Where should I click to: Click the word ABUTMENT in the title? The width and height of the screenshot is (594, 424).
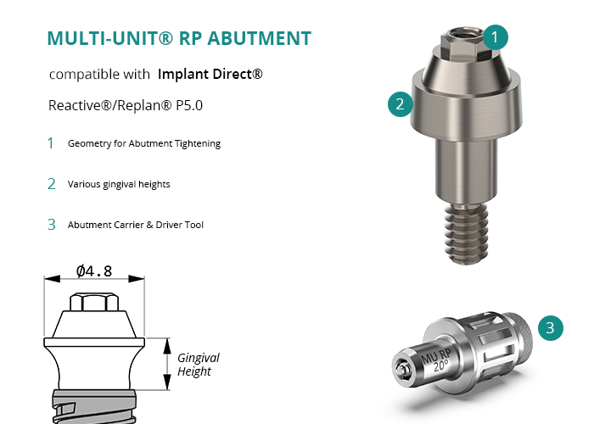pos(259,38)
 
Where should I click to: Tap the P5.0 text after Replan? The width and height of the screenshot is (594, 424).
pos(189,105)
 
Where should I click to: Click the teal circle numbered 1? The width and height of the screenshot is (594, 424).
pos(495,37)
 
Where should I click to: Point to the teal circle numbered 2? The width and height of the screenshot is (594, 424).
pos(400,104)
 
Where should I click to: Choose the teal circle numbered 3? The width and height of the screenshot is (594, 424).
pos(551,328)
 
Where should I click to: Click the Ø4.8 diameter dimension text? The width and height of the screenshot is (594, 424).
pos(94,271)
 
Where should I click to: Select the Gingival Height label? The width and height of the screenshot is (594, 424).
pos(198,365)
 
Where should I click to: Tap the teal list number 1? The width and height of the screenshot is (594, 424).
pos(50,143)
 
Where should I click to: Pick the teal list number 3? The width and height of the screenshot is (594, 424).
pos(52,225)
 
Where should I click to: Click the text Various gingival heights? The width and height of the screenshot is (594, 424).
pos(119,184)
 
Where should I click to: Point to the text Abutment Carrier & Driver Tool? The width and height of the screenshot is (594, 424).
pos(136,225)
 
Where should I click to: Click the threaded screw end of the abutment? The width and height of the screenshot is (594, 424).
pos(467,233)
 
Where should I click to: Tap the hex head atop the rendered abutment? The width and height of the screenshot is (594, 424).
pos(462,42)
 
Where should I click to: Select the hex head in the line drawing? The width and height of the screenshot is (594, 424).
pos(94,302)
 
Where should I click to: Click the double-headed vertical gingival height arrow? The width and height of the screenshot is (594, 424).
pos(167,364)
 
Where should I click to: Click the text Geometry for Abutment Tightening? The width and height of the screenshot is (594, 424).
pos(144,144)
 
